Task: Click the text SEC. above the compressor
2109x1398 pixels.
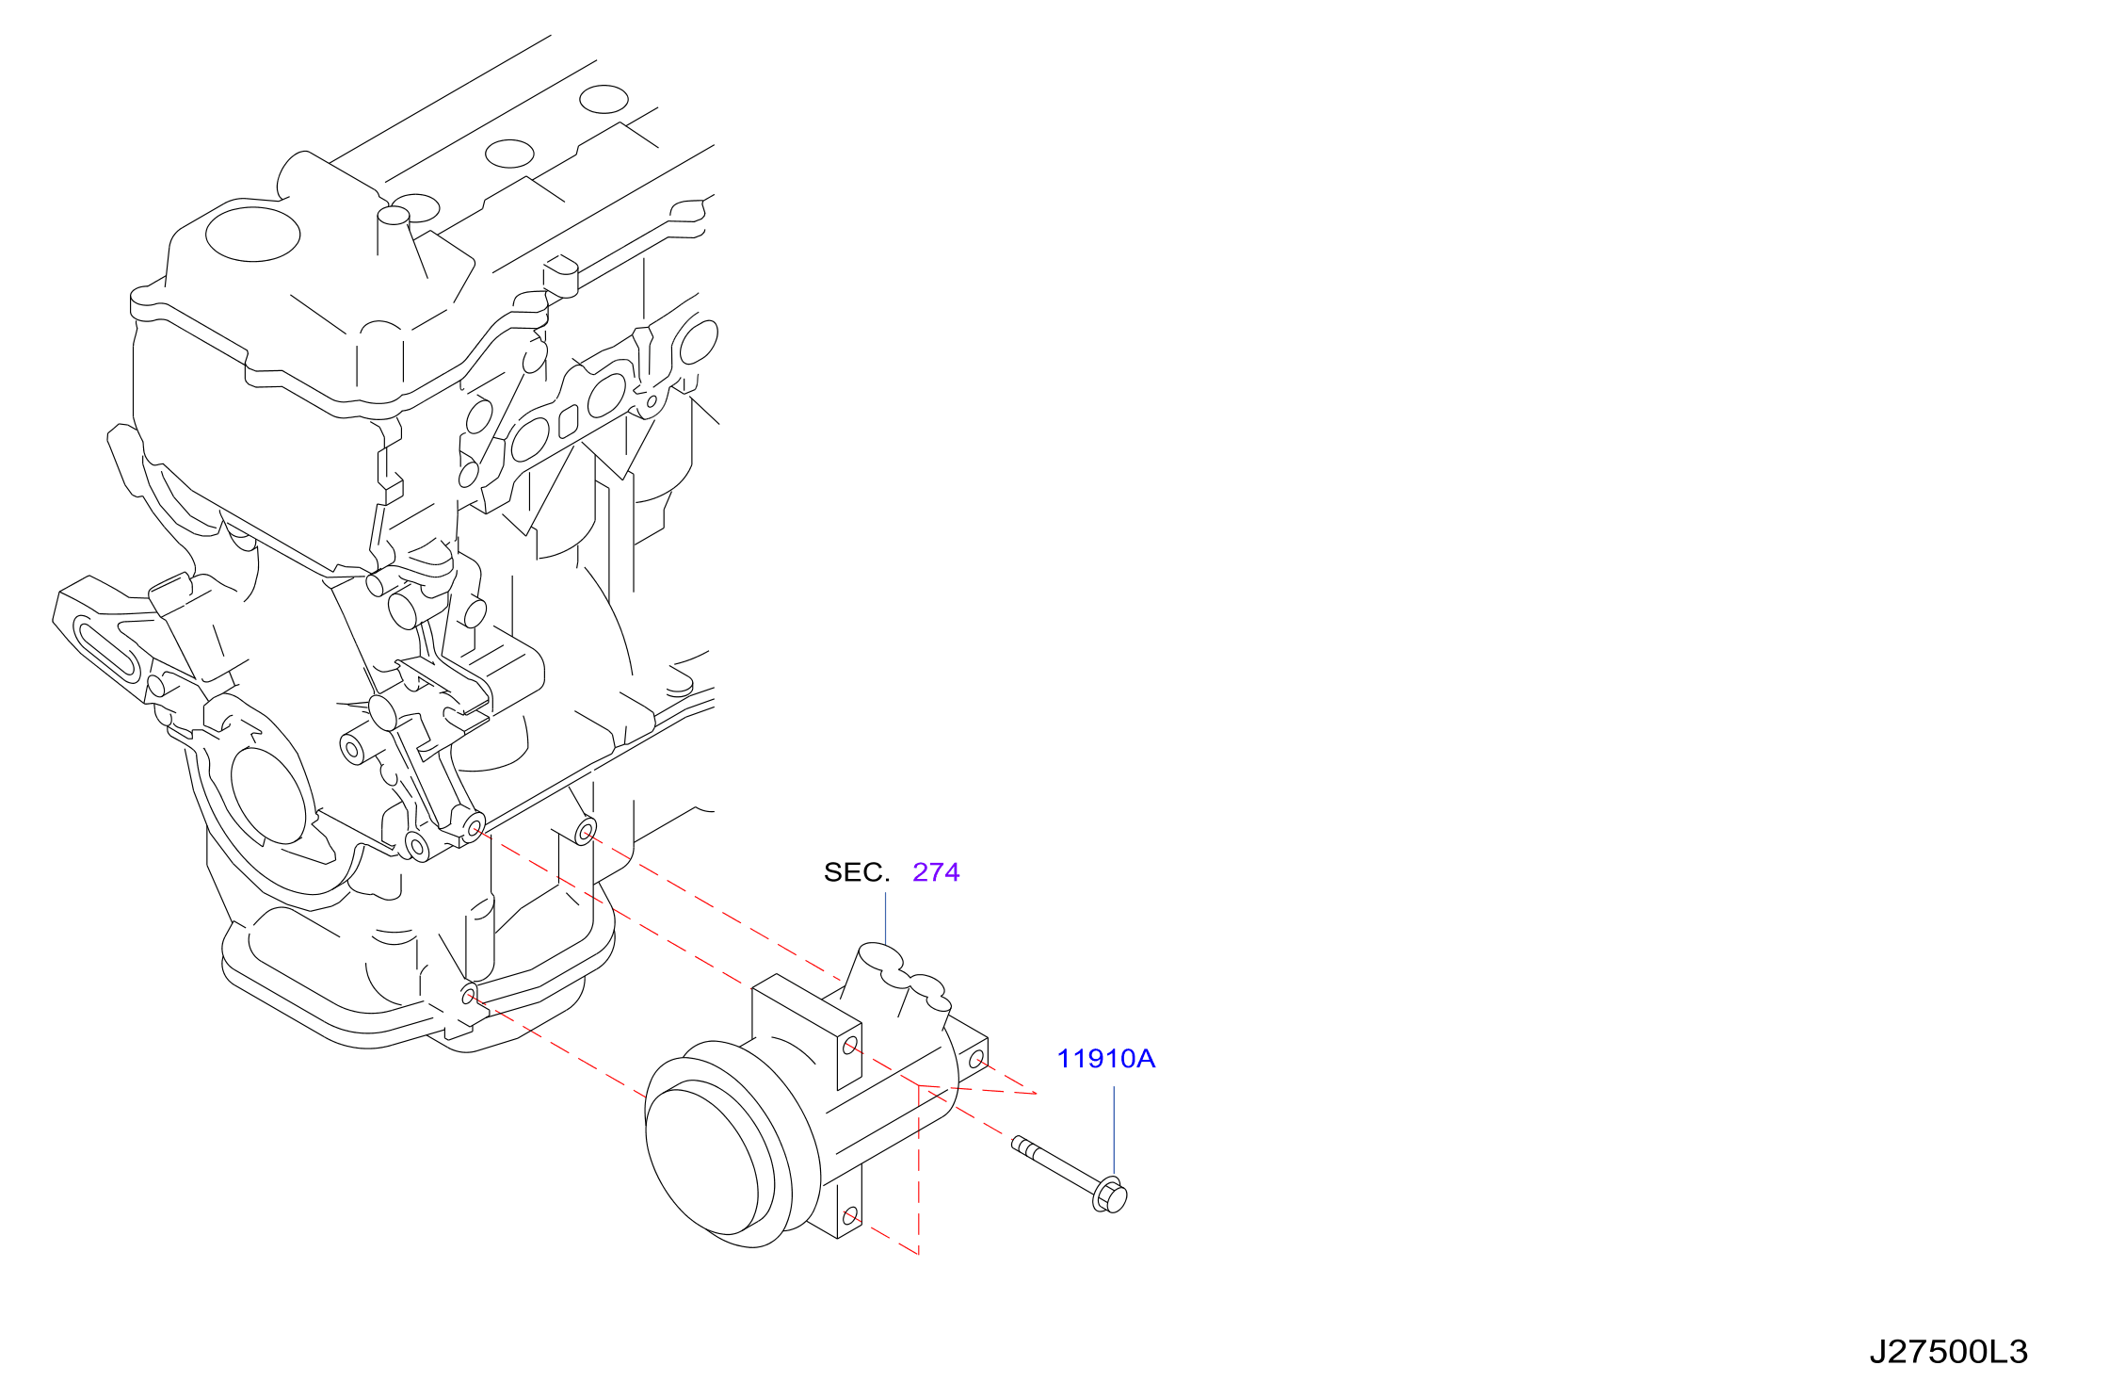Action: click(856, 872)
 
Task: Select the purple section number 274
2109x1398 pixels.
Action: click(936, 872)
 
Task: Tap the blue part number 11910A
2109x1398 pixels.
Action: click(1105, 1059)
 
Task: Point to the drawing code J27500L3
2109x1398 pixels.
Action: click(1948, 1352)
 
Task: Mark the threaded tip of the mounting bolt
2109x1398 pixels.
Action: click(1019, 1144)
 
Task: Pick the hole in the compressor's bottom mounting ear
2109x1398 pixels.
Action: click(850, 1215)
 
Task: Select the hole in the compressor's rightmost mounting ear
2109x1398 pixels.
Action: click(976, 1059)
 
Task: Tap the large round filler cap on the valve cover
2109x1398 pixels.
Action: click(252, 234)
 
